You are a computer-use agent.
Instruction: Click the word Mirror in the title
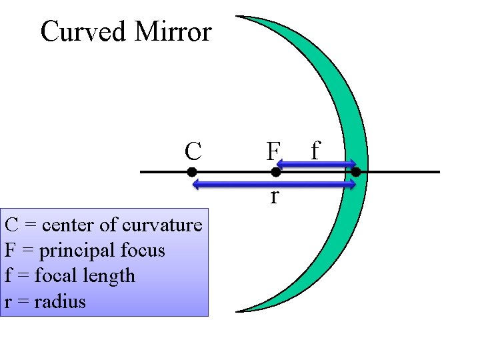[x=173, y=31]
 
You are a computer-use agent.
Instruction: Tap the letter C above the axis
[x=193, y=152]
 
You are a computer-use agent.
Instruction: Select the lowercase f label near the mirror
[x=315, y=151]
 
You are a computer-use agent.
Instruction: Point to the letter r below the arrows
[x=274, y=197]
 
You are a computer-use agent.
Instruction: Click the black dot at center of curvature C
[x=191, y=172]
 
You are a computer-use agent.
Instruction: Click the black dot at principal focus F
[x=275, y=172]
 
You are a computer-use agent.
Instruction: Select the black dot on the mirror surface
[x=356, y=172]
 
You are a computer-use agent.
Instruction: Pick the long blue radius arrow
[x=274, y=183]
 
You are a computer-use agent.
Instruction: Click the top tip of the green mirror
[x=240, y=17]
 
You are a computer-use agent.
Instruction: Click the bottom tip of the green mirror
[x=239, y=311]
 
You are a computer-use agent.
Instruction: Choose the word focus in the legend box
[x=143, y=251]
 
